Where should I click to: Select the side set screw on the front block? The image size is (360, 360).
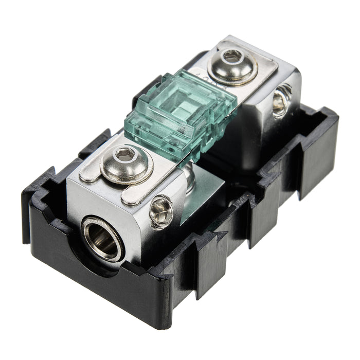[160, 210]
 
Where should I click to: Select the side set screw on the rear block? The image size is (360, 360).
[282, 101]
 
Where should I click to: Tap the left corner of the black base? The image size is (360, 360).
[26, 195]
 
